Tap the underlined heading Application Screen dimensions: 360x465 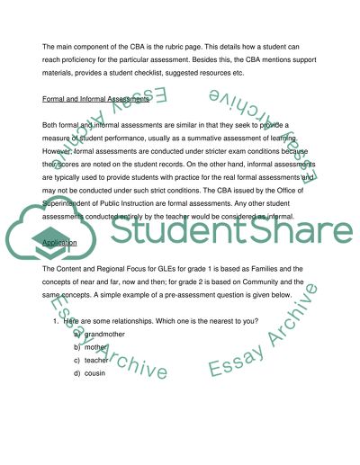(59, 243)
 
